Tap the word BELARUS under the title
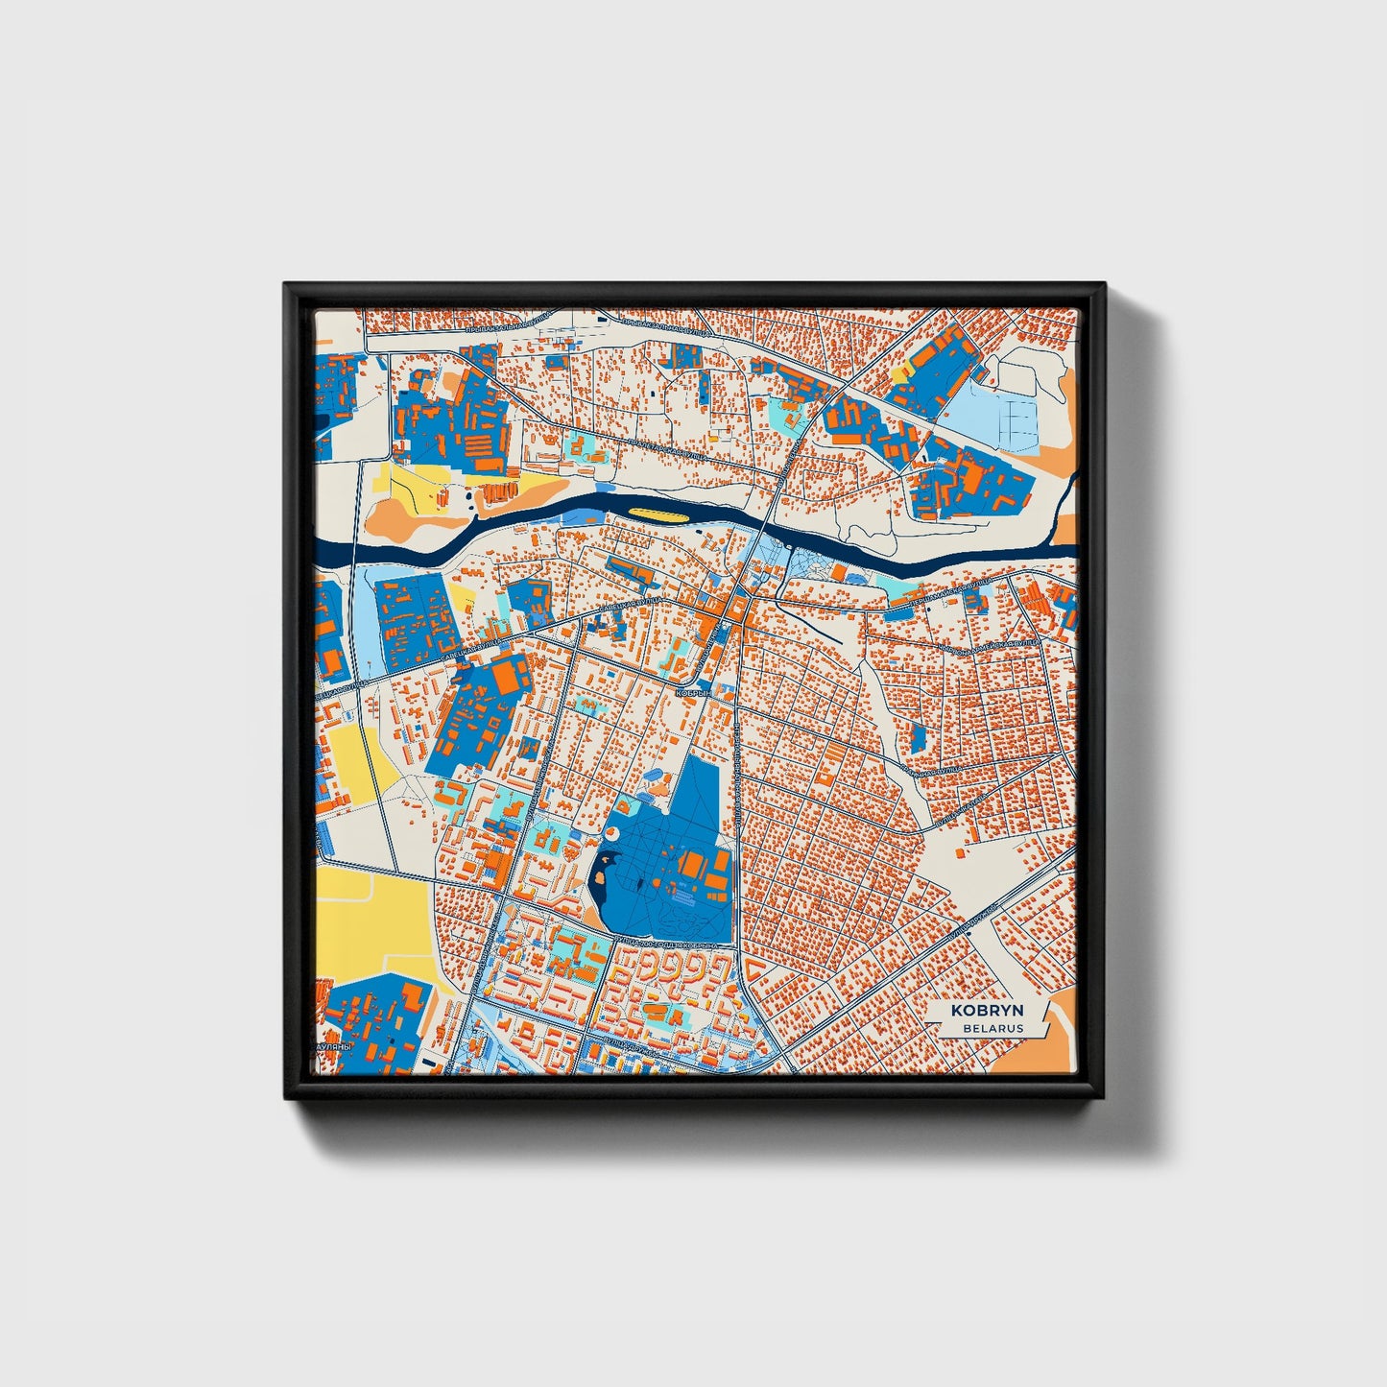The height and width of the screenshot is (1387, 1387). (x=993, y=1028)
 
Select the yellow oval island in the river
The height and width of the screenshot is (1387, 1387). (x=660, y=514)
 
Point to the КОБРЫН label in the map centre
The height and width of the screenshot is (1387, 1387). (x=693, y=691)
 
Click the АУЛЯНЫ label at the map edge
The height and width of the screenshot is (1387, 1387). (x=335, y=1048)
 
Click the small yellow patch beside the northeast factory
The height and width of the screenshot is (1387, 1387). (x=900, y=372)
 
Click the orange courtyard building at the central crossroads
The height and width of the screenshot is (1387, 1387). (x=737, y=609)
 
